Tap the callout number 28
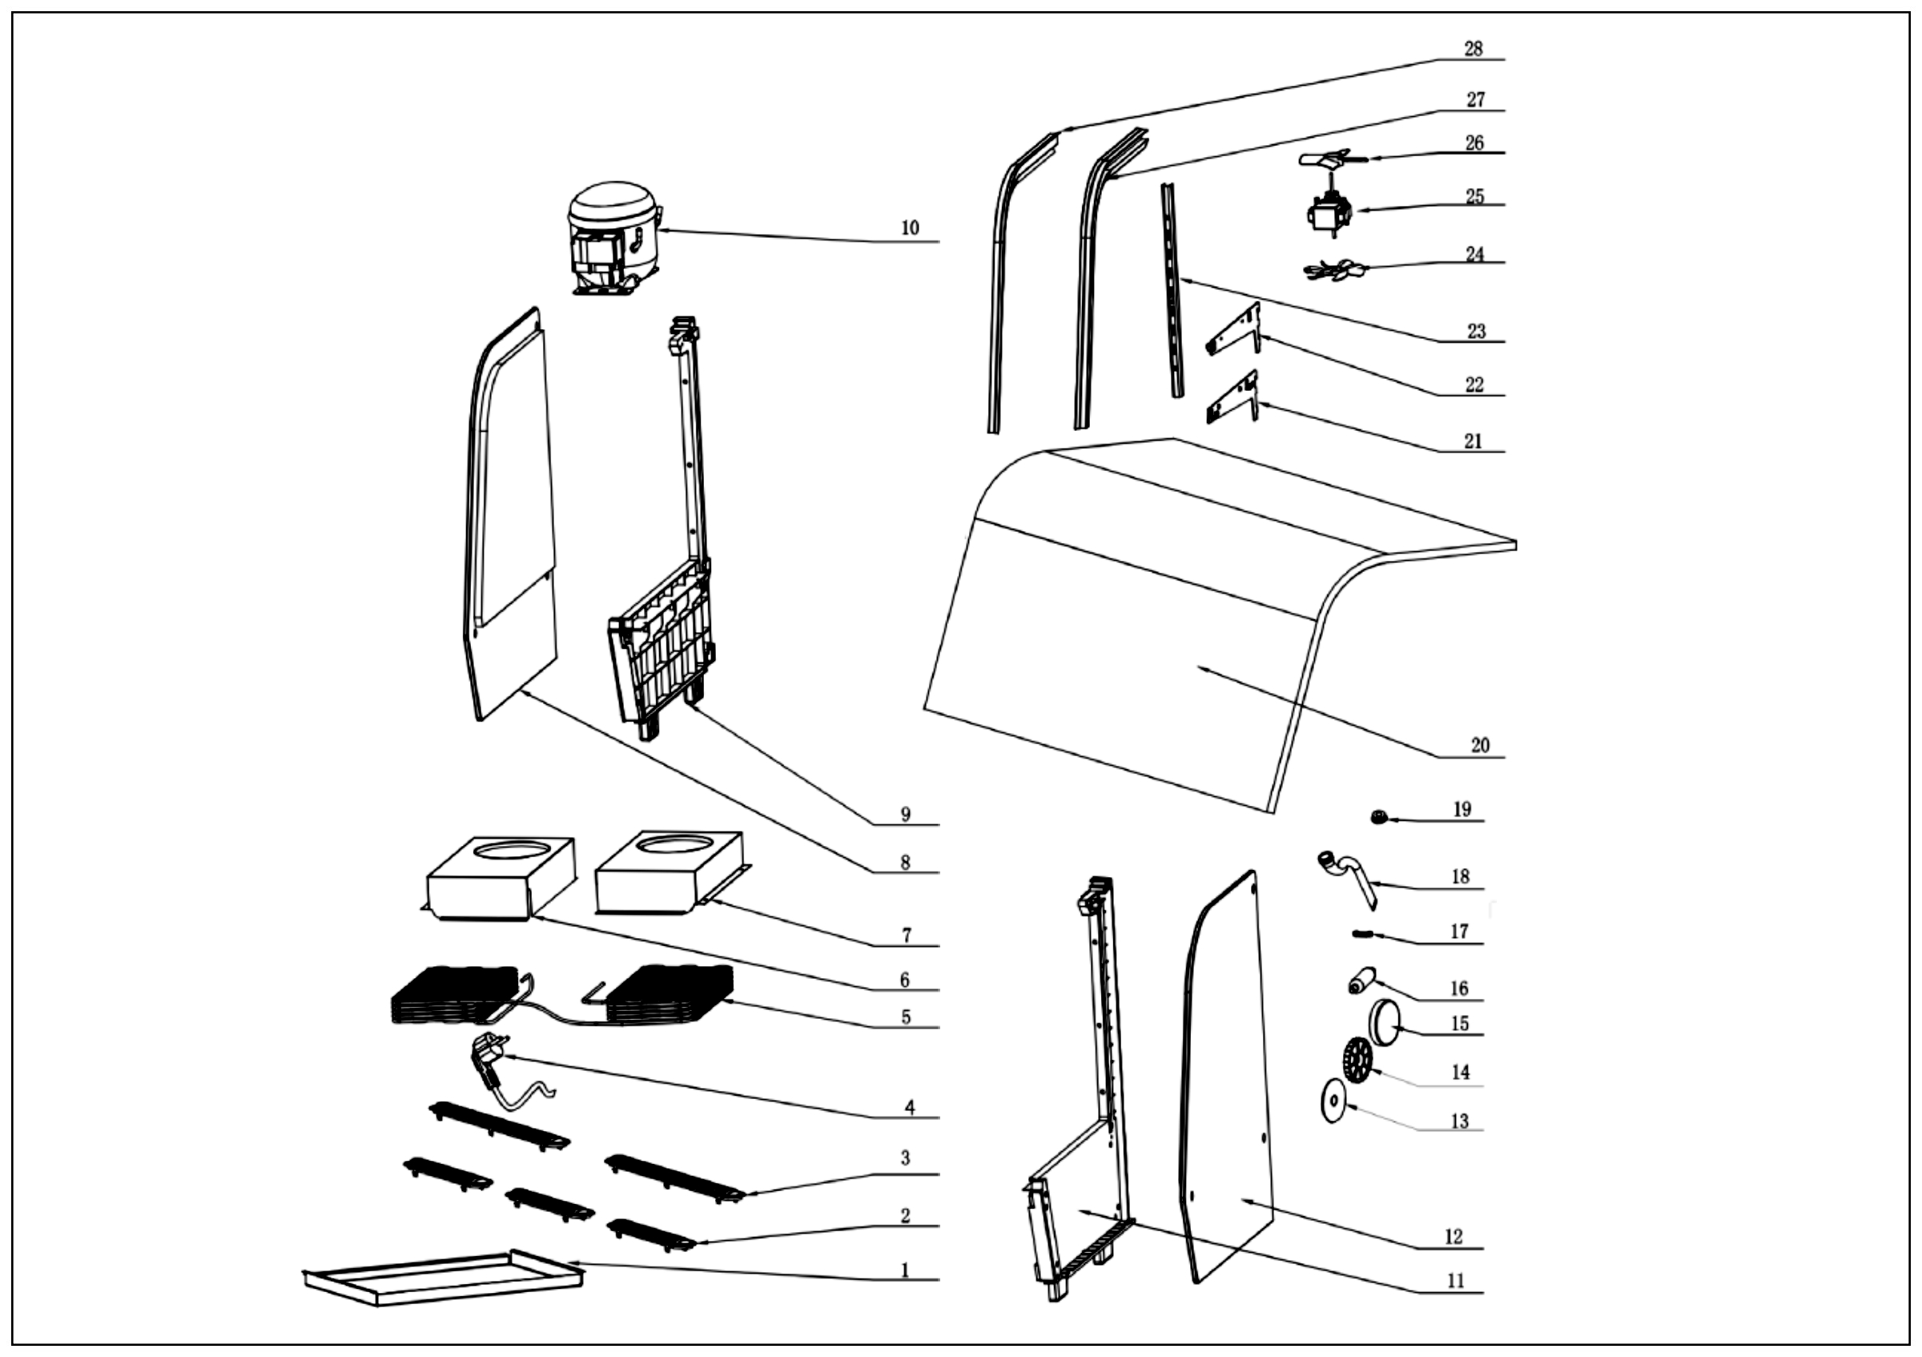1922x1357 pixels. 1473,50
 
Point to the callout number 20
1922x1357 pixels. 1480,745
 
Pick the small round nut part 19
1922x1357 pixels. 1379,817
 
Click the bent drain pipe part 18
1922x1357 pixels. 1348,880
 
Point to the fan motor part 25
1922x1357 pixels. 1329,211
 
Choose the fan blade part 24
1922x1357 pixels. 1333,270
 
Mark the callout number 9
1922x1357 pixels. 905,815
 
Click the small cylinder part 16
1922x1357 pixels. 1361,981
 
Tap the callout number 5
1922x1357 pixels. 906,1017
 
